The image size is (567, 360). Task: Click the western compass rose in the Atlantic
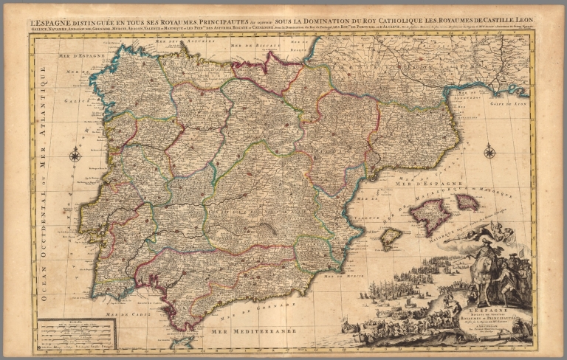click(x=75, y=155)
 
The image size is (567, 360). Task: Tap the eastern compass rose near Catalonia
click(x=489, y=153)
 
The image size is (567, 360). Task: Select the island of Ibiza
click(x=391, y=238)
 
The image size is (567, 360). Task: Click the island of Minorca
click(x=467, y=201)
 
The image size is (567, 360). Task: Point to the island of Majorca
click(x=430, y=216)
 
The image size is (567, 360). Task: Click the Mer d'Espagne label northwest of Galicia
click(x=60, y=58)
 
